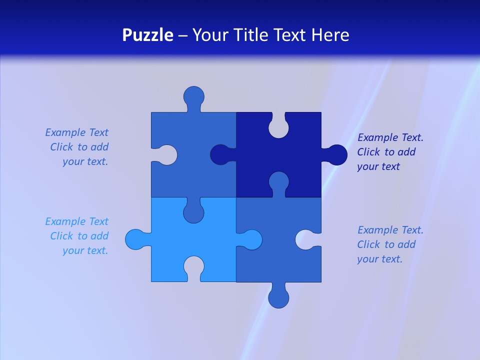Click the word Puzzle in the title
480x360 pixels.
(x=147, y=35)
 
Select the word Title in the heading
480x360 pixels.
(x=267, y=35)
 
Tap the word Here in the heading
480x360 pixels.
(x=330, y=35)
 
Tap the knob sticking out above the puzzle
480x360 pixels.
(x=193, y=96)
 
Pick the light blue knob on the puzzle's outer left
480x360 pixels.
(x=135, y=239)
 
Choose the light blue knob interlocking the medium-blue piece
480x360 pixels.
(x=251, y=239)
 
